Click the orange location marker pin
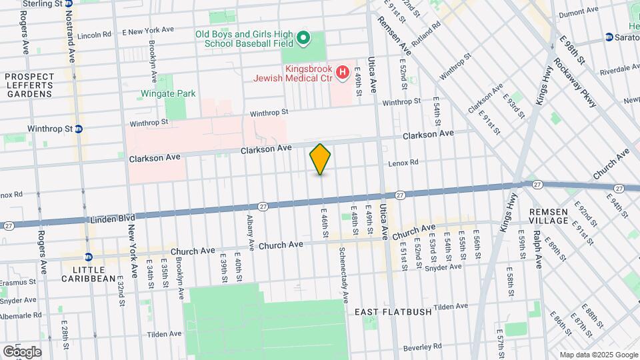coord(321,159)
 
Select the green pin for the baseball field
coord(303,38)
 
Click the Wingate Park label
coord(168,93)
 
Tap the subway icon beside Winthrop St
coord(79,129)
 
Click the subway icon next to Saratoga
coord(609,37)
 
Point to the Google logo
coord(22,352)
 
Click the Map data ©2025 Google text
coord(597,354)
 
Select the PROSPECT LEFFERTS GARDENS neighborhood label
coord(29,85)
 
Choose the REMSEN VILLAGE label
coord(548,215)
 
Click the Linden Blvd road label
coord(113,218)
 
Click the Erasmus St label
coord(19,282)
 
